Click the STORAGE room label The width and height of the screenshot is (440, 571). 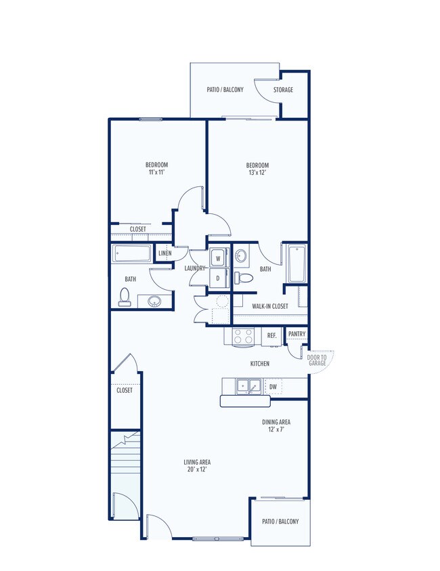pyautogui.click(x=283, y=89)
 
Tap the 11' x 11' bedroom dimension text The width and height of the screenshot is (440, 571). pyautogui.click(x=157, y=172)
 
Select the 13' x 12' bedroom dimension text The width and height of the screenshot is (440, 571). pyautogui.click(x=258, y=173)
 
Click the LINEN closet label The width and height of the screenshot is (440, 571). pyautogui.click(x=165, y=253)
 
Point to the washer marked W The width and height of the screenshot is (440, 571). pyautogui.click(x=219, y=258)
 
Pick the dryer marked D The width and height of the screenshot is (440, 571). pyautogui.click(x=219, y=278)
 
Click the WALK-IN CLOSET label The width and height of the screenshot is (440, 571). pyautogui.click(x=270, y=306)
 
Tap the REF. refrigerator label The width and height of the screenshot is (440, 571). pyautogui.click(x=272, y=336)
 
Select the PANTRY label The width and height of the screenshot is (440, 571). pyautogui.click(x=297, y=333)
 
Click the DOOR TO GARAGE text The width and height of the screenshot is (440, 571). pyautogui.click(x=317, y=360)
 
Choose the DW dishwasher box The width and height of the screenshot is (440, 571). pyautogui.click(x=273, y=387)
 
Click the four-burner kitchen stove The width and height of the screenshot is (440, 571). pyautogui.click(x=243, y=336)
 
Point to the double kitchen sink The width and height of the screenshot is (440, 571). pyautogui.click(x=249, y=386)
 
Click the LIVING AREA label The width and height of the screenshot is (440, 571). pyautogui.click(x=197, y=462)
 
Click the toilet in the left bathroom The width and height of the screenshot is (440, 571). pyautogui.click(x=125, y=297)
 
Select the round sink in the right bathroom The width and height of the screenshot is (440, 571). pyautogui.click(x=240, y=255)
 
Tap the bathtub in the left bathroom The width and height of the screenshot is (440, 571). pyautogui.click(x=131, y=253)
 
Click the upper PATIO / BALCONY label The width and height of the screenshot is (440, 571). pyautogui.click(x=225, y=89)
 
